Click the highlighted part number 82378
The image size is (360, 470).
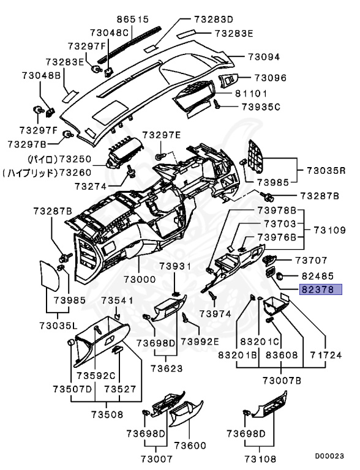click(x=320, y=289)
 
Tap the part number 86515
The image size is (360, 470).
click(x=133, y=19)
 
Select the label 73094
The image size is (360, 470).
click(x=264, y=57)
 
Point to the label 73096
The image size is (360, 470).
click(x=271, y=78)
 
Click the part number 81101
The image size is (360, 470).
click(x=251, y=94)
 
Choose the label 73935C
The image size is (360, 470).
click(x=261, y=106)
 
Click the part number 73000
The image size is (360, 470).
click(x=140, y=279)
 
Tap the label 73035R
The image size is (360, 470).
click(x=326, y=171)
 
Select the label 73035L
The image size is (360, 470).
click(x=58, y=325)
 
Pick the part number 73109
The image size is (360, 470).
click(x=330, y=230)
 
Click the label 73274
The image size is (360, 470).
click(x=91, y=187)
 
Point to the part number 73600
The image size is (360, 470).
click(x=190, y=446)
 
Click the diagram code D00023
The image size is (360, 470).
click(x=329, y=456)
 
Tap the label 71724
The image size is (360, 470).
click(x=326, y=355)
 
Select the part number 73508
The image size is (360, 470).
click(x=107, y=414)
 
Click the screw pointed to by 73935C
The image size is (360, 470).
click(x=217, y=103)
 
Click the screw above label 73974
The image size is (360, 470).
click(x=213, y=295)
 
